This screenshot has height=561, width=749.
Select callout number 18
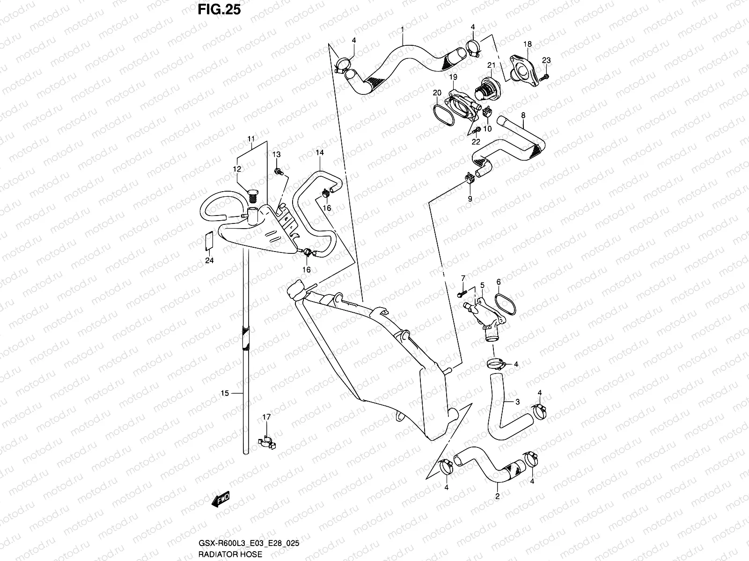pos(528,44)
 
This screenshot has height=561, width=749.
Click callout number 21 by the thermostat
pos(492,65)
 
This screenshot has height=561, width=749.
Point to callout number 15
pos(225,394)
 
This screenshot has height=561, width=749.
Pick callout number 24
pos(209,260)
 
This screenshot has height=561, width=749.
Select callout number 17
pos(266,417)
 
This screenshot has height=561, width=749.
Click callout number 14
pos(320,152)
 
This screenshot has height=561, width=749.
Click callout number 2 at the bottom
pos(498,496)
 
